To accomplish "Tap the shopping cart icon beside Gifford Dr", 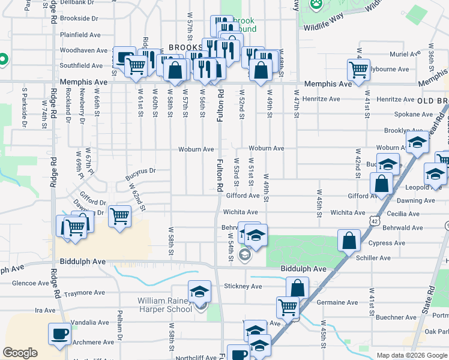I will point(120,215).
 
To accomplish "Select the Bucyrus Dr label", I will point(140,174).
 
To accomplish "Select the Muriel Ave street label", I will point(406,54).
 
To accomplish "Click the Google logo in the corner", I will point(20,353).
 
